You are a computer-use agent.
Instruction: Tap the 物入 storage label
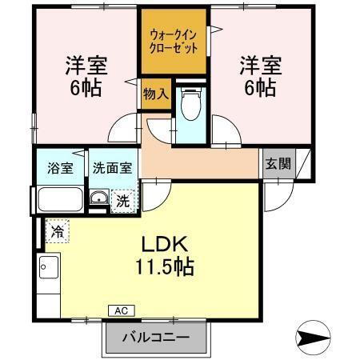pyautogui.click(x=155, y=94)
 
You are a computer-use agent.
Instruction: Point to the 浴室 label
pyautogui.click(x=60, y=169)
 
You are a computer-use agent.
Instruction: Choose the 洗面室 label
pyautogui.click(x=112, y=169)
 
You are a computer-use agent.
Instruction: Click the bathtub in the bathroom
pyautogui.click(x=59, y=198)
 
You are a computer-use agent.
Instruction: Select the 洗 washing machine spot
pyautogui.click(x=122, y=202)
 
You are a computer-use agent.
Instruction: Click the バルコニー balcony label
pyautogui.click(x=156, y=338)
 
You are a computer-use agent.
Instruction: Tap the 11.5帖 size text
pyautogui.click(x=166, y=266)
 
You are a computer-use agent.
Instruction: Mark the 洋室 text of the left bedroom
pyautogui.click(x=86, y=65)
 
